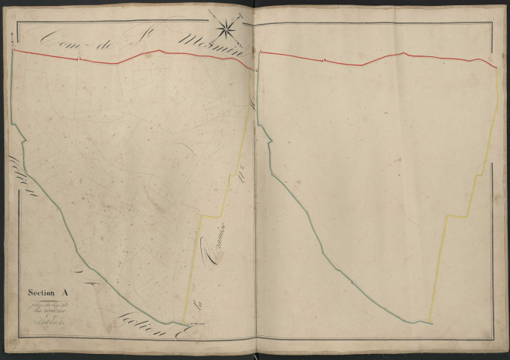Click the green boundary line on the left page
click(75, 247)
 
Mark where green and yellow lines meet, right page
click(433, 322)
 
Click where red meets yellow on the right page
click(497, 67)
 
